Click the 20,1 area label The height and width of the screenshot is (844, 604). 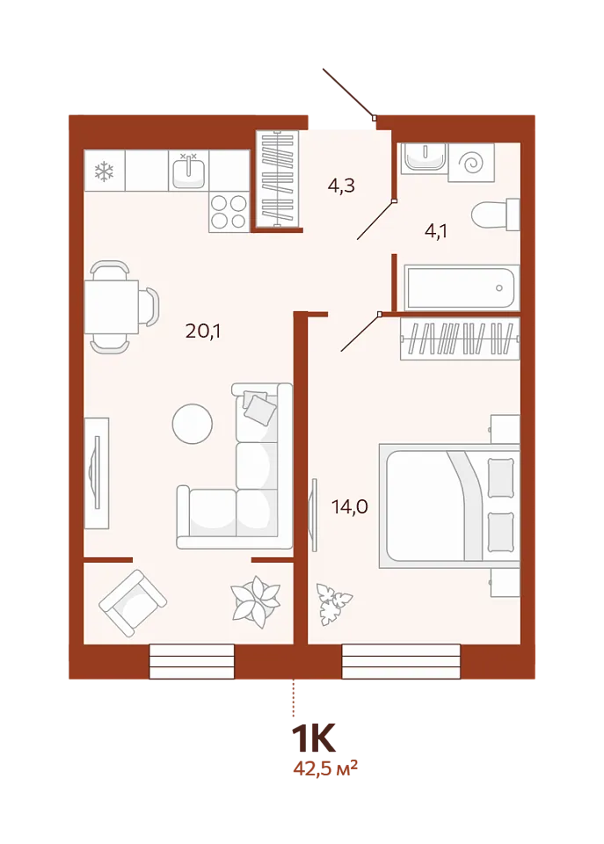click(x=203, y=331)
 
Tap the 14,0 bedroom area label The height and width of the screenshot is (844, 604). click(x=350, y=506)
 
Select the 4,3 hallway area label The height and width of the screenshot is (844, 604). click(x=341, y=186)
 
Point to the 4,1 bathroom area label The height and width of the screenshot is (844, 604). click(x=436, y=231)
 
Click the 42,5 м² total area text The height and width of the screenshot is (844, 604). click(x=325, y=768)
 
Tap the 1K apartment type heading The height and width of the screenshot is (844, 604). click(x=313, y=738)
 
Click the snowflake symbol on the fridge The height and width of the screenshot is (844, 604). click(x=105, y=171)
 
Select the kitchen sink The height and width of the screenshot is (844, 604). click(x=188, y=170)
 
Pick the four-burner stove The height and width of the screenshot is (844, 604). click(x=229, y=212)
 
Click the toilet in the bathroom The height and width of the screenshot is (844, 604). click(x=495, y=215)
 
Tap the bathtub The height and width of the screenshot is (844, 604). click(x=462, y=287)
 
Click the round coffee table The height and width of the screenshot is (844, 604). click(x=193, y=424)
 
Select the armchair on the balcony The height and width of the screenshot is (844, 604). click(x=133, y=603)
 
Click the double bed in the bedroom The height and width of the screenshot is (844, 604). click(x=449, y=506)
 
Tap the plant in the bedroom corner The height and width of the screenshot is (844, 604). click(x=334, y=604)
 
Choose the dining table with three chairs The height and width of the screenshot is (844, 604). click(x=121, y=307)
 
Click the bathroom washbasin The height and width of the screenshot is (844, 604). click(x=424, y=157)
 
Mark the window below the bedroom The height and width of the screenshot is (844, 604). click(x=401, y=661)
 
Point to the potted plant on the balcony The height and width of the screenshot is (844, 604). click(x=255, y=601)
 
